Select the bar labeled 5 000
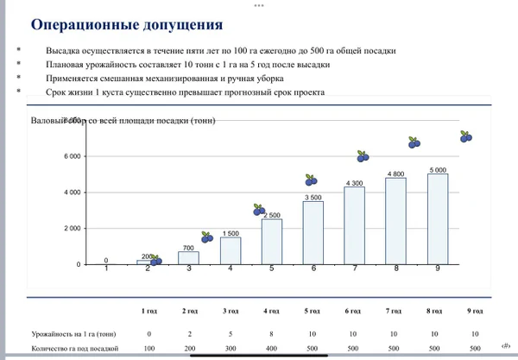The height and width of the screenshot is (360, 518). click(438, 219)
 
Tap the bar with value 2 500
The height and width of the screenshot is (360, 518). click(272, 242)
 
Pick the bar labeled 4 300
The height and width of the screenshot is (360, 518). click(355, 225)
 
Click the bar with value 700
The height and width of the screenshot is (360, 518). click(189, 257)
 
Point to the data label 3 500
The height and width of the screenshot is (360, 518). click(313, 197)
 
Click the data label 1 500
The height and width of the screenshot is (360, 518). click(231, 233)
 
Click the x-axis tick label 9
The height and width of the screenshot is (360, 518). click(438, 268)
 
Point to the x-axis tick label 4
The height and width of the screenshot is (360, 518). click(231, 268)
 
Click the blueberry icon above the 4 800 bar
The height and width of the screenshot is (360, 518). click(414, 142)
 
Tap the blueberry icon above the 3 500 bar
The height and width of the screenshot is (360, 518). click(312, 180)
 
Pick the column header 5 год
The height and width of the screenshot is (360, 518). click(312, 310)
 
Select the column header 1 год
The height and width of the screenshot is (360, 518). click(149, 310)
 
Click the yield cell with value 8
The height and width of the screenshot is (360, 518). click(271, 333)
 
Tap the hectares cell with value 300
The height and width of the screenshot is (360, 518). click(231, 348)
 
